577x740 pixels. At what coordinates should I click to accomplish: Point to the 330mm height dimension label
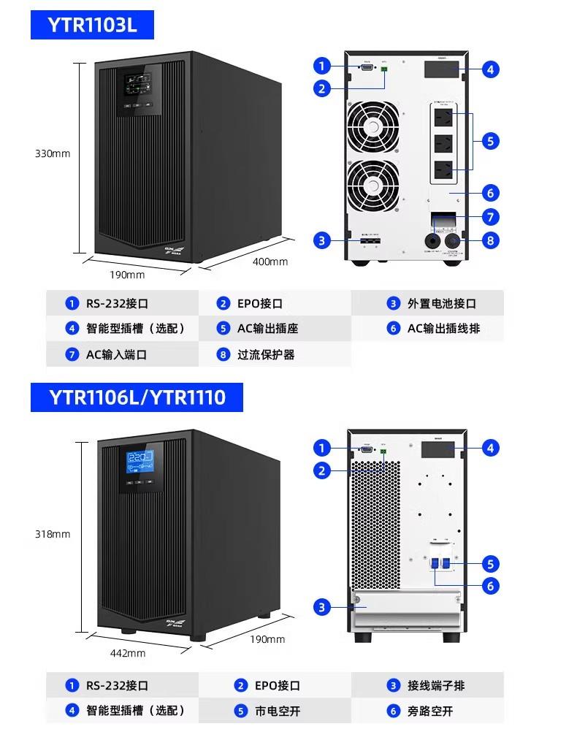[x=53, y=153]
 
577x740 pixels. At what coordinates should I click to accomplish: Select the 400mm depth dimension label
[x=270, y=261]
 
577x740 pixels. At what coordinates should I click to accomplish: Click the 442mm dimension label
[x=127, y=652]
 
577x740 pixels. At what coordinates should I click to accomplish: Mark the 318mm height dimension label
[x=53, y=534]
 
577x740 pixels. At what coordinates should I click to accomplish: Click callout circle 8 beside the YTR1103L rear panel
[x=491, y=240]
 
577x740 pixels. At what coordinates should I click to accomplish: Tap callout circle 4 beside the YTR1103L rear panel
[x=491, y=69]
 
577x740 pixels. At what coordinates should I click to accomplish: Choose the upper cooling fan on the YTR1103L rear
[x=374, y=126]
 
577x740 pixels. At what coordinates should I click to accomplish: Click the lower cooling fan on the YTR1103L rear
[x=374, y=186]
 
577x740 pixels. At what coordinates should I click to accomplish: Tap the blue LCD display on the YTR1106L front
[x=139, y=461]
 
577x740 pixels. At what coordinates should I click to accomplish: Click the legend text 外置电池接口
[x=441, y=303]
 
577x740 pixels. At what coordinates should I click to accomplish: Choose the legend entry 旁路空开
[x=430, y=710]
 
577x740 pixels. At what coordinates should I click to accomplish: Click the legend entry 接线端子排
[x=436, y=685]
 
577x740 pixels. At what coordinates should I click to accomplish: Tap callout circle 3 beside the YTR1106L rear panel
[x=322, y=607]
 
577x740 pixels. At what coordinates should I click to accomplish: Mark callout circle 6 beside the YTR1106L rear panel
[x=491, y=586]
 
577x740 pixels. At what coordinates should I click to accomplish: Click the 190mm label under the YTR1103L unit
[x=127, y=275]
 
